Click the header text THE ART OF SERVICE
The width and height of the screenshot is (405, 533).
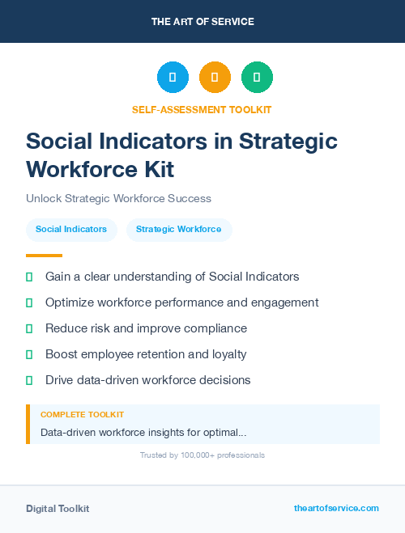pyautogui.click(x=202, y=22)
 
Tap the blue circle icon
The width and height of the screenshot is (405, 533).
pyautogui.click(x=173, y=78)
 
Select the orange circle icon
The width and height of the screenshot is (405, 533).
pyautogui.click(x=215, y=78)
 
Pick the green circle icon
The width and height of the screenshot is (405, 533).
pyautogui.click(x=257, y=78)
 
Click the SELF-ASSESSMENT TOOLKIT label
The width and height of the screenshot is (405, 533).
pyautogui.click(x=202, y=109)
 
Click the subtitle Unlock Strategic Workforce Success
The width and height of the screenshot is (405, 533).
pyautogui.click(x=118, y=198)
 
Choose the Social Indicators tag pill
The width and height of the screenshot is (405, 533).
pyautogui.click(x=71, y=230)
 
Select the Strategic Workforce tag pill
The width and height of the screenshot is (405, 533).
pyautogui.click(x=178, y=230)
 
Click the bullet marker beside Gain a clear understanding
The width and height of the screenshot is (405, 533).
pyautogui.click(x=29, y=277)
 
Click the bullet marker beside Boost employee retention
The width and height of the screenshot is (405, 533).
pyautogui.click(x=29, y=354)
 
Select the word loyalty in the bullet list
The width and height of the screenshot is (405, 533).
pyautogui.click(x=227, y=354)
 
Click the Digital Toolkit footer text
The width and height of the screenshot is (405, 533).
pyautogui.click(x=58, y=509)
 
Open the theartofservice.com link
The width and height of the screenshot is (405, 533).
pyautogui.click(x=336, y=508)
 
